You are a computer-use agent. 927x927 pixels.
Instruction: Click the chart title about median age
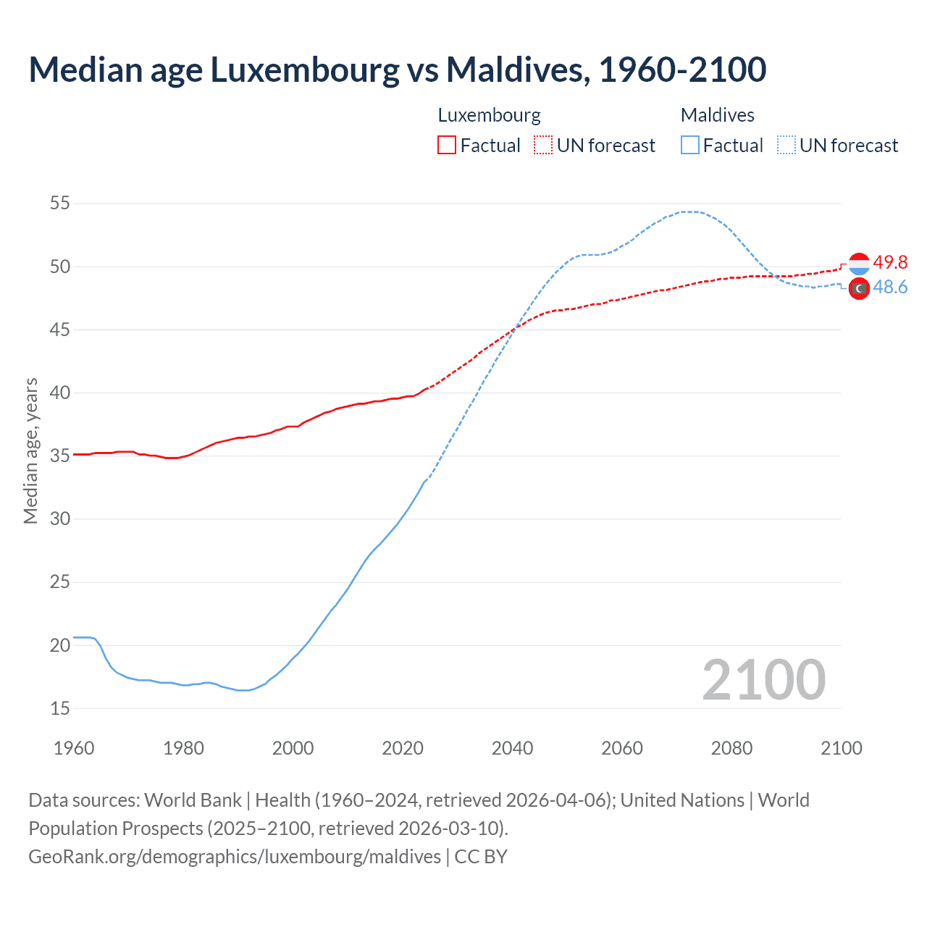pos(397,70)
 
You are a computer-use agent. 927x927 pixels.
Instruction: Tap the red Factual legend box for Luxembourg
pos(447,145)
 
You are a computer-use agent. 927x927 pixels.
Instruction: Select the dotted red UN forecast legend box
pos(543,145)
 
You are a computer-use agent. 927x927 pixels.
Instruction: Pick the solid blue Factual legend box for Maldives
pos(690,145)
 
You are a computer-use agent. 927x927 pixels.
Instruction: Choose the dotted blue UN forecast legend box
pos(787,145)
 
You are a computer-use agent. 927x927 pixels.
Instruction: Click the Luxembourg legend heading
pos(489,115)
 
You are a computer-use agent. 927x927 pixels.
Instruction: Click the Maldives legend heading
pos(717,115)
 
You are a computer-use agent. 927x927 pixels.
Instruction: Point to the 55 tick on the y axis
pos(60,204)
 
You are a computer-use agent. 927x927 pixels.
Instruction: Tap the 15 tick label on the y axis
pos(60,708)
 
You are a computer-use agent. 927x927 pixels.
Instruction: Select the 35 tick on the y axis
pos(60,456)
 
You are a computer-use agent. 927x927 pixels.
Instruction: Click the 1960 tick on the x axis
pos(74,748)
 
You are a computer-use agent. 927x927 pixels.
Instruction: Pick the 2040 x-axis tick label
pos(512,748)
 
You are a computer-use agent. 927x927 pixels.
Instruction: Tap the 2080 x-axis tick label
pos(731,748)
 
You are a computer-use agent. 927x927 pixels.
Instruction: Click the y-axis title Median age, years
pos(30,450)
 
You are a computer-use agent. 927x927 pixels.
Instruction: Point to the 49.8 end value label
pos(890,262)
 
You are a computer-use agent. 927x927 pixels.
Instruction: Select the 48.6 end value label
pos(890,288)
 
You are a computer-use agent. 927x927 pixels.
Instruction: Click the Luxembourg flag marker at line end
pos(859,264)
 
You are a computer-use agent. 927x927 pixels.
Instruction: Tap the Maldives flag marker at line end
pos(859,288)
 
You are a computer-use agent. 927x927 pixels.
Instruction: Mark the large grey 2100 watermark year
pos(763,679)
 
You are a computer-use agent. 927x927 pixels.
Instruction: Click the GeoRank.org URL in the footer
pos(235,856)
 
